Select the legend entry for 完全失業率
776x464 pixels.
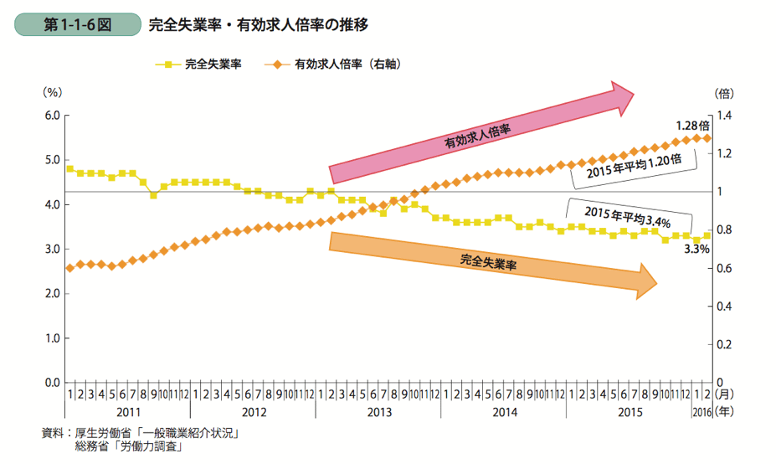tap(201, 64)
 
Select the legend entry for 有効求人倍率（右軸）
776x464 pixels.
tap(331, 64)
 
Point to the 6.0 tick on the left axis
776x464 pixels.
tap(50, 116)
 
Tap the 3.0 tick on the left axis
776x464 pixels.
tap(50, 249)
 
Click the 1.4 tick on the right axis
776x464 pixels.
tap(724, 116)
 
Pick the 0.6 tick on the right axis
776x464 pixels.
tap(724, 268)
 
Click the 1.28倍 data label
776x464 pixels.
tap(692, 125)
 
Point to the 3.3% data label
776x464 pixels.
tap(696, 249)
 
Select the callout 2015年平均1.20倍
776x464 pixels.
tap(635, 166)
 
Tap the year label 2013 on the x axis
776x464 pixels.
tap(379, 411)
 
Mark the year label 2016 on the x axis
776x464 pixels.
tap(701, 411)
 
